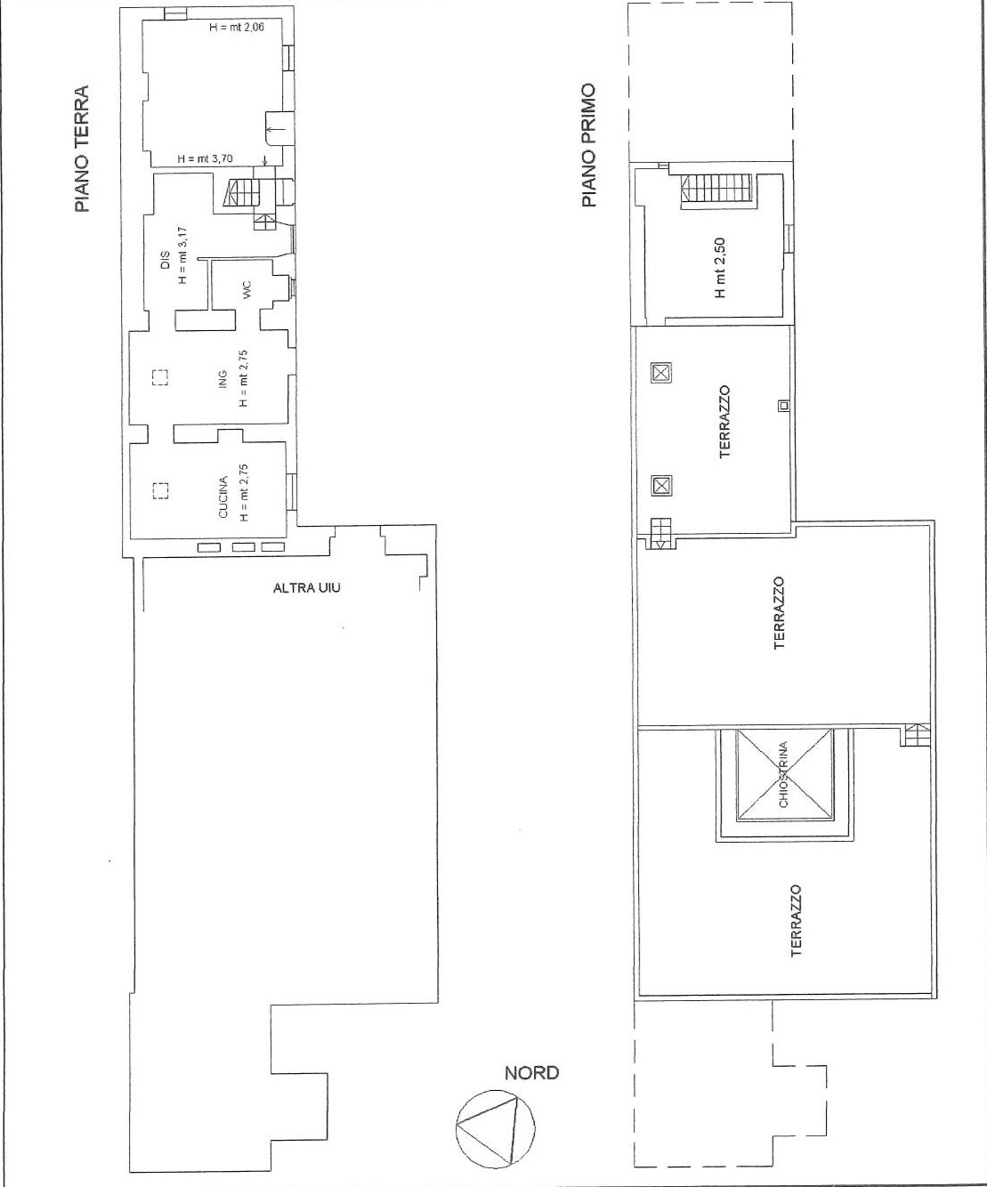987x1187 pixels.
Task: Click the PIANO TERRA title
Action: tap(83, 149)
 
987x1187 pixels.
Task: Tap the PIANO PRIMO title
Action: tap(589, 145)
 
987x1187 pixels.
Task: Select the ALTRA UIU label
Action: tap(306, 588)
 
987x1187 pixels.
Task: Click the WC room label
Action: tap(247, 290)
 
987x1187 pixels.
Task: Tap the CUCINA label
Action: tap(222, 497)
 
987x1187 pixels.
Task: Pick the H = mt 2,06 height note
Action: tap(237, 27)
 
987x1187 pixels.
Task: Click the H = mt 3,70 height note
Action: tap(205, 158)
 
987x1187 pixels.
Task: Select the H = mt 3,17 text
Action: tap(182, 256)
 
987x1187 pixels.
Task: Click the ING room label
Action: tap(222, 379)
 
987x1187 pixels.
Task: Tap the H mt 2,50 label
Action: tap(720, 268)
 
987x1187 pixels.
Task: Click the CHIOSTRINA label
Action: tap(783, 774)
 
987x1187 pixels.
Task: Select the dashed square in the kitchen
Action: tap(160, 490)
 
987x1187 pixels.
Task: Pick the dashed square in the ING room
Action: tap(160, 377)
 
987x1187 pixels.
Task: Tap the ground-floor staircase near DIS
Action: tap(243, 193)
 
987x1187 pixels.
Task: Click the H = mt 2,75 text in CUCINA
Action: tap(244, 493)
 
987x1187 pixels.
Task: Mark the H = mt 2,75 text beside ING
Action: tap(244, 378)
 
